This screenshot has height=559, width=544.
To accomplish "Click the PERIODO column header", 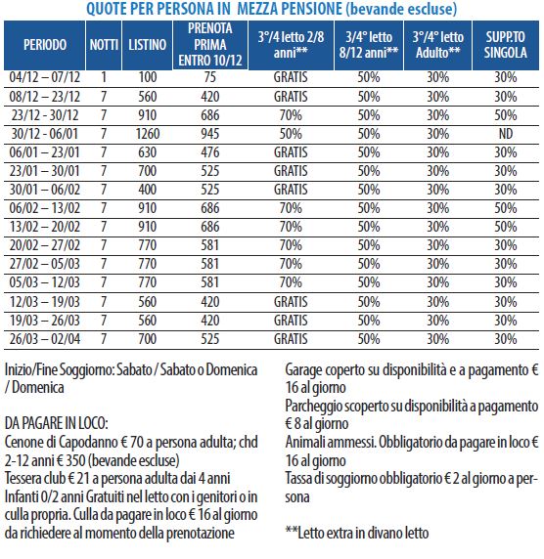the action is point(45,45).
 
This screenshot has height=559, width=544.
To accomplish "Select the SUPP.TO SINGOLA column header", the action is point(505,45).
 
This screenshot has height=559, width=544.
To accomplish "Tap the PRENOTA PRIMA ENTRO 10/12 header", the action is point(210,45).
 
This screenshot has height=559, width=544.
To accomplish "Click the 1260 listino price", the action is point(148,134).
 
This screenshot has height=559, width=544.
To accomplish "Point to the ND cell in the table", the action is point(506,134).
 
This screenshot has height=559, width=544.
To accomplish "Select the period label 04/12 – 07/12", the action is point(45,77).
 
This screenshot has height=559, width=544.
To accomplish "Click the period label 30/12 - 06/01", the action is point(45,134).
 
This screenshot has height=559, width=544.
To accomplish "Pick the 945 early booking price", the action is point(210,134).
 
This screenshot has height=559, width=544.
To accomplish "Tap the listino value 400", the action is point(148,190).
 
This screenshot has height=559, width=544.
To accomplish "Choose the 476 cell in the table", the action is point(210,152).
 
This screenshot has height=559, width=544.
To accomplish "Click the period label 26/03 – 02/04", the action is point(45,339).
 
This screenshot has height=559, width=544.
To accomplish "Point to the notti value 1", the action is point(104,77).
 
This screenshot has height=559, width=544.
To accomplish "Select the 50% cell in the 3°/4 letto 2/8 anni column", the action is point(291,134).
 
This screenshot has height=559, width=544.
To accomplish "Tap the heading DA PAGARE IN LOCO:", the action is point(56,423).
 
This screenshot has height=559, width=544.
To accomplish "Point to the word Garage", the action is point(303,370).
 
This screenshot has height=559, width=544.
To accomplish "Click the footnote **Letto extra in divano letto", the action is point(357,533).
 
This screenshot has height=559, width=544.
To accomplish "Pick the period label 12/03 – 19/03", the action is point(45,302).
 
